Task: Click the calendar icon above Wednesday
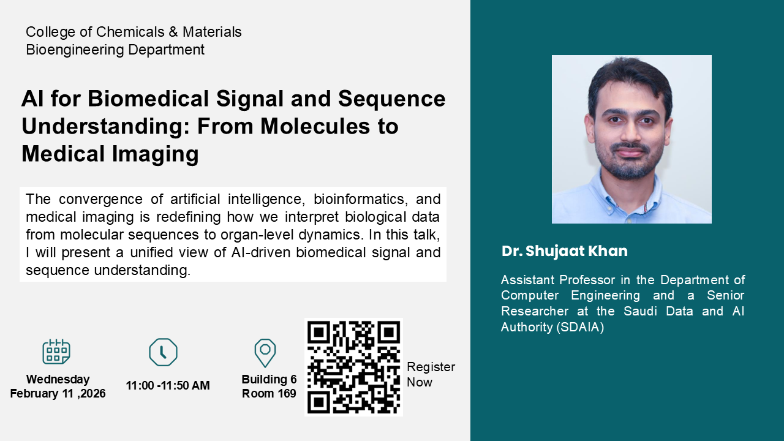pyautogui.click(x=56, y=352)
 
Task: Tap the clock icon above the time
pyautogui.click(x=163, y=352)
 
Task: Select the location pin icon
pyautogui.click(x=265, y=353)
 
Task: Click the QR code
pyautogui.click(x=353, y=367)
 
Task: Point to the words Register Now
pyautogui.click(x=431, y=374)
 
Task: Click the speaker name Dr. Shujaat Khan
pyautogui.click(x=565, y=251)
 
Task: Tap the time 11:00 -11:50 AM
pyautogui.click(x=168, y=385)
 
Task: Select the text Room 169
pyautogui.click(x=269, y=393)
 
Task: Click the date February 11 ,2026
pyautogui.click(x=58, y=393)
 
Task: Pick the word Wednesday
pyautogui.click(x=58, y=379)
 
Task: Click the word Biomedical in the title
pyautogui.click(x=148, y=99)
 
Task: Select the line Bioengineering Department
pyautogui.click(x=115, y=50)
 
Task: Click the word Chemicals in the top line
pyautogui.click(x=130, y=32)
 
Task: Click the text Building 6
pyautogui.click(x=269, y=379)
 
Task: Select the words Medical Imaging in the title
pyautogui.click(x=110, y=154)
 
